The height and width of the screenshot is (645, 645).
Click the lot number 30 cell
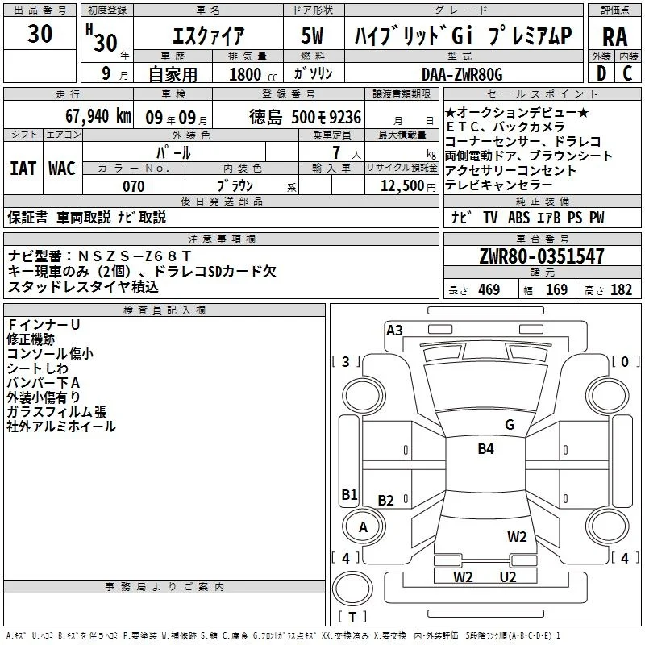(40, 34)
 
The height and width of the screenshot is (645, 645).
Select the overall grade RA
(614, 37)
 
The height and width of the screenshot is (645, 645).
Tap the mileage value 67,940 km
(98, 116)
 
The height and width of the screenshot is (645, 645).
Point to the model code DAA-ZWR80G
(462, 74)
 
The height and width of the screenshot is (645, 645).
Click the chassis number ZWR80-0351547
(542, 256)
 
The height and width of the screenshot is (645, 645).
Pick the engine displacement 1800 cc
(253, 74)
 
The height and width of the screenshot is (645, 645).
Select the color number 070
(134, 186)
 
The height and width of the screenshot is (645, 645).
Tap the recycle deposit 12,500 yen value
(408, 186)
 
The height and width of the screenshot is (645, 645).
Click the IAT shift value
(23, 169)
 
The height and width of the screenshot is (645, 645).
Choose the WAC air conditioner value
(62, 169)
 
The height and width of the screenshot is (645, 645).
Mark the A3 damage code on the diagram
(394, 331)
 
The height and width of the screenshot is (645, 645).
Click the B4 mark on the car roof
(486, 449)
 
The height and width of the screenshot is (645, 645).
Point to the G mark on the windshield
(510, 425)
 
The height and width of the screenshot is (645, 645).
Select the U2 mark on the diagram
(508, 577)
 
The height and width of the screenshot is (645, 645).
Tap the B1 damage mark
(350, 494)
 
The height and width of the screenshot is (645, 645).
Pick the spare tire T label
(352, 617)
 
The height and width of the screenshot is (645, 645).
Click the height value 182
(621, 290)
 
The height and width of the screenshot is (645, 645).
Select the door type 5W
(313, 35)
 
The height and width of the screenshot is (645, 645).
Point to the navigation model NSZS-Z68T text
(134, 256)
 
